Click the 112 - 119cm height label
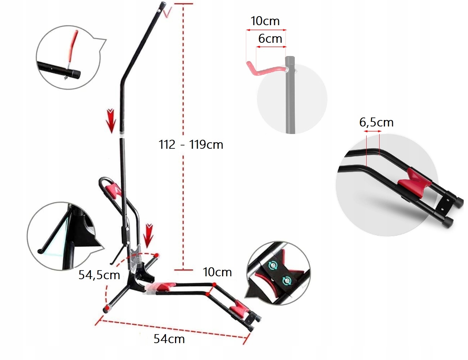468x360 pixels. click(191, 144)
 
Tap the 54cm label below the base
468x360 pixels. click(169, 339)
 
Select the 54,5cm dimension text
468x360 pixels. click(99, 275)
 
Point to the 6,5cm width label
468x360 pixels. click(376, 123)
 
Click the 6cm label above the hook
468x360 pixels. click(270, 38)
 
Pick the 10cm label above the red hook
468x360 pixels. click(265, 21)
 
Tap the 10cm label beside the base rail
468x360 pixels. click(217, 272)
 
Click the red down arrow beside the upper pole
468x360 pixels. click(111, 120)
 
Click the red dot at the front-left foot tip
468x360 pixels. click(106, 309)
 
